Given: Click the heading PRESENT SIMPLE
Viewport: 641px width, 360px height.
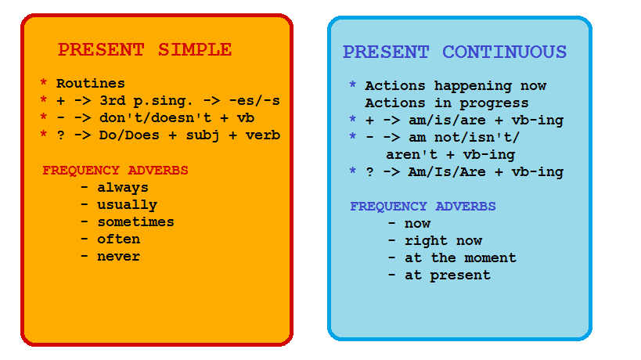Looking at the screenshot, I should pyautogui.click(x=145, y=50).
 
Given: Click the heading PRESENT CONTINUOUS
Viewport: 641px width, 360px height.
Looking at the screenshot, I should pyautogui.click(x=454, y=52).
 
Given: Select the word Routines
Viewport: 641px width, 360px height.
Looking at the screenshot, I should pyautogui.click(x=90, y=84).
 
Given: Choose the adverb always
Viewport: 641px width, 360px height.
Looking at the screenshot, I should pyautogui.click(x=122, y=188).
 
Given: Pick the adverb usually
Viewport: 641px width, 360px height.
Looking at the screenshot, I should pyautogui.click(x=127, y=205).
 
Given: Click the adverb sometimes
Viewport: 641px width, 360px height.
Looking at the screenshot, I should pyautogui.click(x=135, y=222).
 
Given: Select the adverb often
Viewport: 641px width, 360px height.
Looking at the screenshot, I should pyautogui.click(x=118, y=239).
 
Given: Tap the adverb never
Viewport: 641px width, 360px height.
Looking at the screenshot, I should pyautogui.click(x=118, y=257).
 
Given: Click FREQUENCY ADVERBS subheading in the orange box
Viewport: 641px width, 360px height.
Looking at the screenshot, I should pyautogui.click(x=115, y=171).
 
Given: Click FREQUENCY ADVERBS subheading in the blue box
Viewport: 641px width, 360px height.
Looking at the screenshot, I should pyautogui.click(x=423, y=207).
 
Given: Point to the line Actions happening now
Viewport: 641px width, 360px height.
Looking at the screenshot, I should pyautogui.click(x=456, y=86).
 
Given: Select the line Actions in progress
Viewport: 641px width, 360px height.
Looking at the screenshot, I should pyautogui.click(x=446, y=103).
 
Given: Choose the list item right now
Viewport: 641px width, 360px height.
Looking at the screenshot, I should pyautogui.click(x=443, y=241).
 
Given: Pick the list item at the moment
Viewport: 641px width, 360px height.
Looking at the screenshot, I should pyautogui.click(x=460, y=258).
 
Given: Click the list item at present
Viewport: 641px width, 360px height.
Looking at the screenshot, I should pyautogui.click(x=447, y=275).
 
